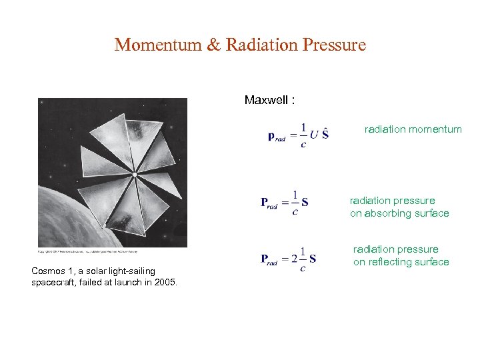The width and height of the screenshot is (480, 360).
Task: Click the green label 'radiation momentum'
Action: [413, 129]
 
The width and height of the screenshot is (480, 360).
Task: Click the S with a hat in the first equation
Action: [325, 133]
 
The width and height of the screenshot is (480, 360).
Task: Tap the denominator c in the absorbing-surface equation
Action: [295, 213]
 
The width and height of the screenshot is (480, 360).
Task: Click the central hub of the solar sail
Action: [134, 175]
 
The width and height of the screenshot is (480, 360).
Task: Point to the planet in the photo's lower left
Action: [67, 220]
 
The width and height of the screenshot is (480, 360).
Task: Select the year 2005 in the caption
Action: [164, 282]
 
